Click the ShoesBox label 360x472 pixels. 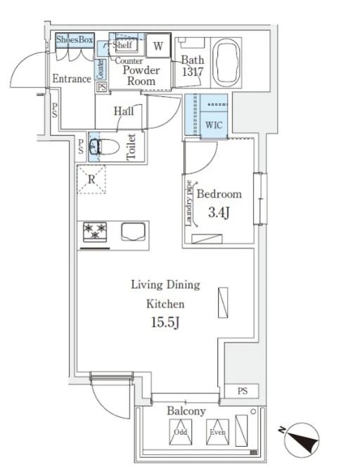coord(75,39)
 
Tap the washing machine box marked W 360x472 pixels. coord(158,46)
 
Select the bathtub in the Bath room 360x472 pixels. coord(226,62)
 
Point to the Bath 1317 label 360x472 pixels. coord(193,66)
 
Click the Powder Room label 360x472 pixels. coord(141,76)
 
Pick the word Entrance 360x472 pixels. coord(72,79)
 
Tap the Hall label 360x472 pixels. coord(124,112)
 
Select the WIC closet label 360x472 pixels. coord(214,125)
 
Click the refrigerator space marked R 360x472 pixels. coord(91,179)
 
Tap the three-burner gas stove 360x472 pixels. coord(95,232)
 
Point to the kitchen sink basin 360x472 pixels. coord(133,232)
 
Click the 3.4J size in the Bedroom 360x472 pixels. coord(219,213)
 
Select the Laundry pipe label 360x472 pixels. coord(188,203)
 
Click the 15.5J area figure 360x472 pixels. coord(165,322)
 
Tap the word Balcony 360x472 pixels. coord(186,411)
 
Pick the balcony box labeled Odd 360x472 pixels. coord(181,432)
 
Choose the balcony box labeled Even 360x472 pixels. coord(217,432)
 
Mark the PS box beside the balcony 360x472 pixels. coord(242,391)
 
